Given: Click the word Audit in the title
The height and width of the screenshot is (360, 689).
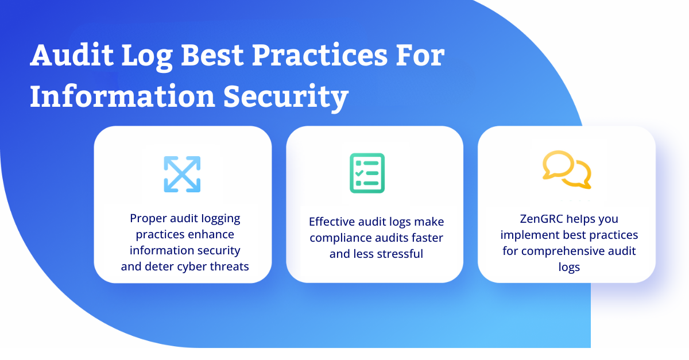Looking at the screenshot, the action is (72, 55).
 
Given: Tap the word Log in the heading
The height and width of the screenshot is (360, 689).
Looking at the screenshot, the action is (147, 57).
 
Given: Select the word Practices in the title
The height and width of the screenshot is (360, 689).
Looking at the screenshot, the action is (320, 55).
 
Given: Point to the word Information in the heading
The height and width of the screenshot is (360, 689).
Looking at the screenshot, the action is (122, 96).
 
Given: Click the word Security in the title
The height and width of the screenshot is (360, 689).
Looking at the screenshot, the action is (286, 98).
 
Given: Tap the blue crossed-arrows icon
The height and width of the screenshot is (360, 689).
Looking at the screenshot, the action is (182, 174).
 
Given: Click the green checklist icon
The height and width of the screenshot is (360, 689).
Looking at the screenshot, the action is (367, 173).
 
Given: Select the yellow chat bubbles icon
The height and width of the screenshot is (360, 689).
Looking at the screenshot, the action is (567, 169).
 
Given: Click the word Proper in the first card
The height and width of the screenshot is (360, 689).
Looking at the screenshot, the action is (148, 219).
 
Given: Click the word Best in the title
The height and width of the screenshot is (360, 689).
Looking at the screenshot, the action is (212, 55).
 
